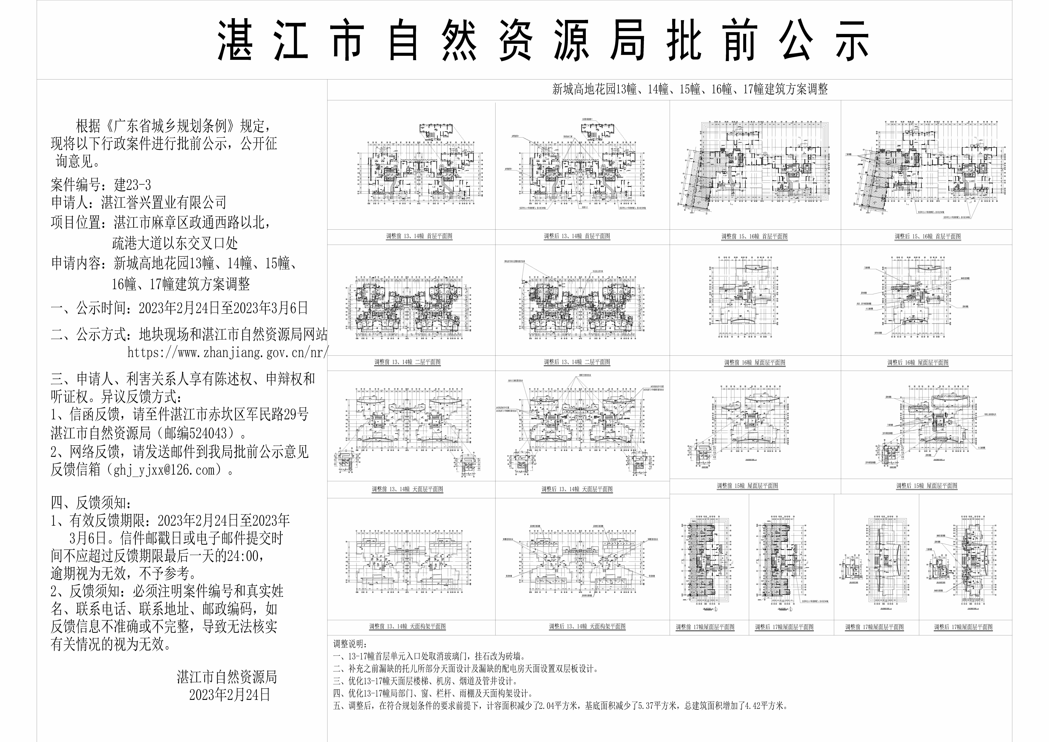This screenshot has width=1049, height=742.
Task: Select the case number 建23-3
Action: point(132,185)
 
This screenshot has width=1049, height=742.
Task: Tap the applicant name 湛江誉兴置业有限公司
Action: point(164,202)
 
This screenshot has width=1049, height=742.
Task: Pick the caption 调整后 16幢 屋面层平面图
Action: point(918,362)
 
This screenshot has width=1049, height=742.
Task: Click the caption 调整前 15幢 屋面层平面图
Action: point(747,486)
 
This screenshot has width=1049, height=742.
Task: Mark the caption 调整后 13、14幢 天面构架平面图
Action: point(587,626)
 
